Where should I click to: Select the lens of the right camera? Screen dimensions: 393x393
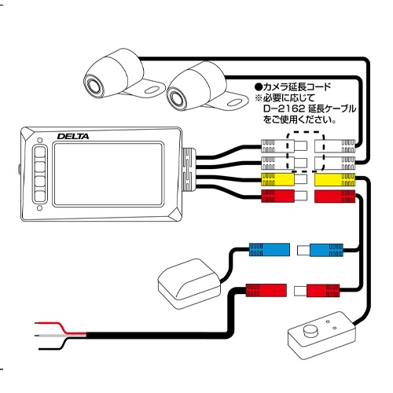point(176,97)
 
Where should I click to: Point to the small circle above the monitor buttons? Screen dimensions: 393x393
point(37,141)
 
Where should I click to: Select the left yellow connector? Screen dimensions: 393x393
point(277,179)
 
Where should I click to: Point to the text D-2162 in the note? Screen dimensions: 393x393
point(280,109)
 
